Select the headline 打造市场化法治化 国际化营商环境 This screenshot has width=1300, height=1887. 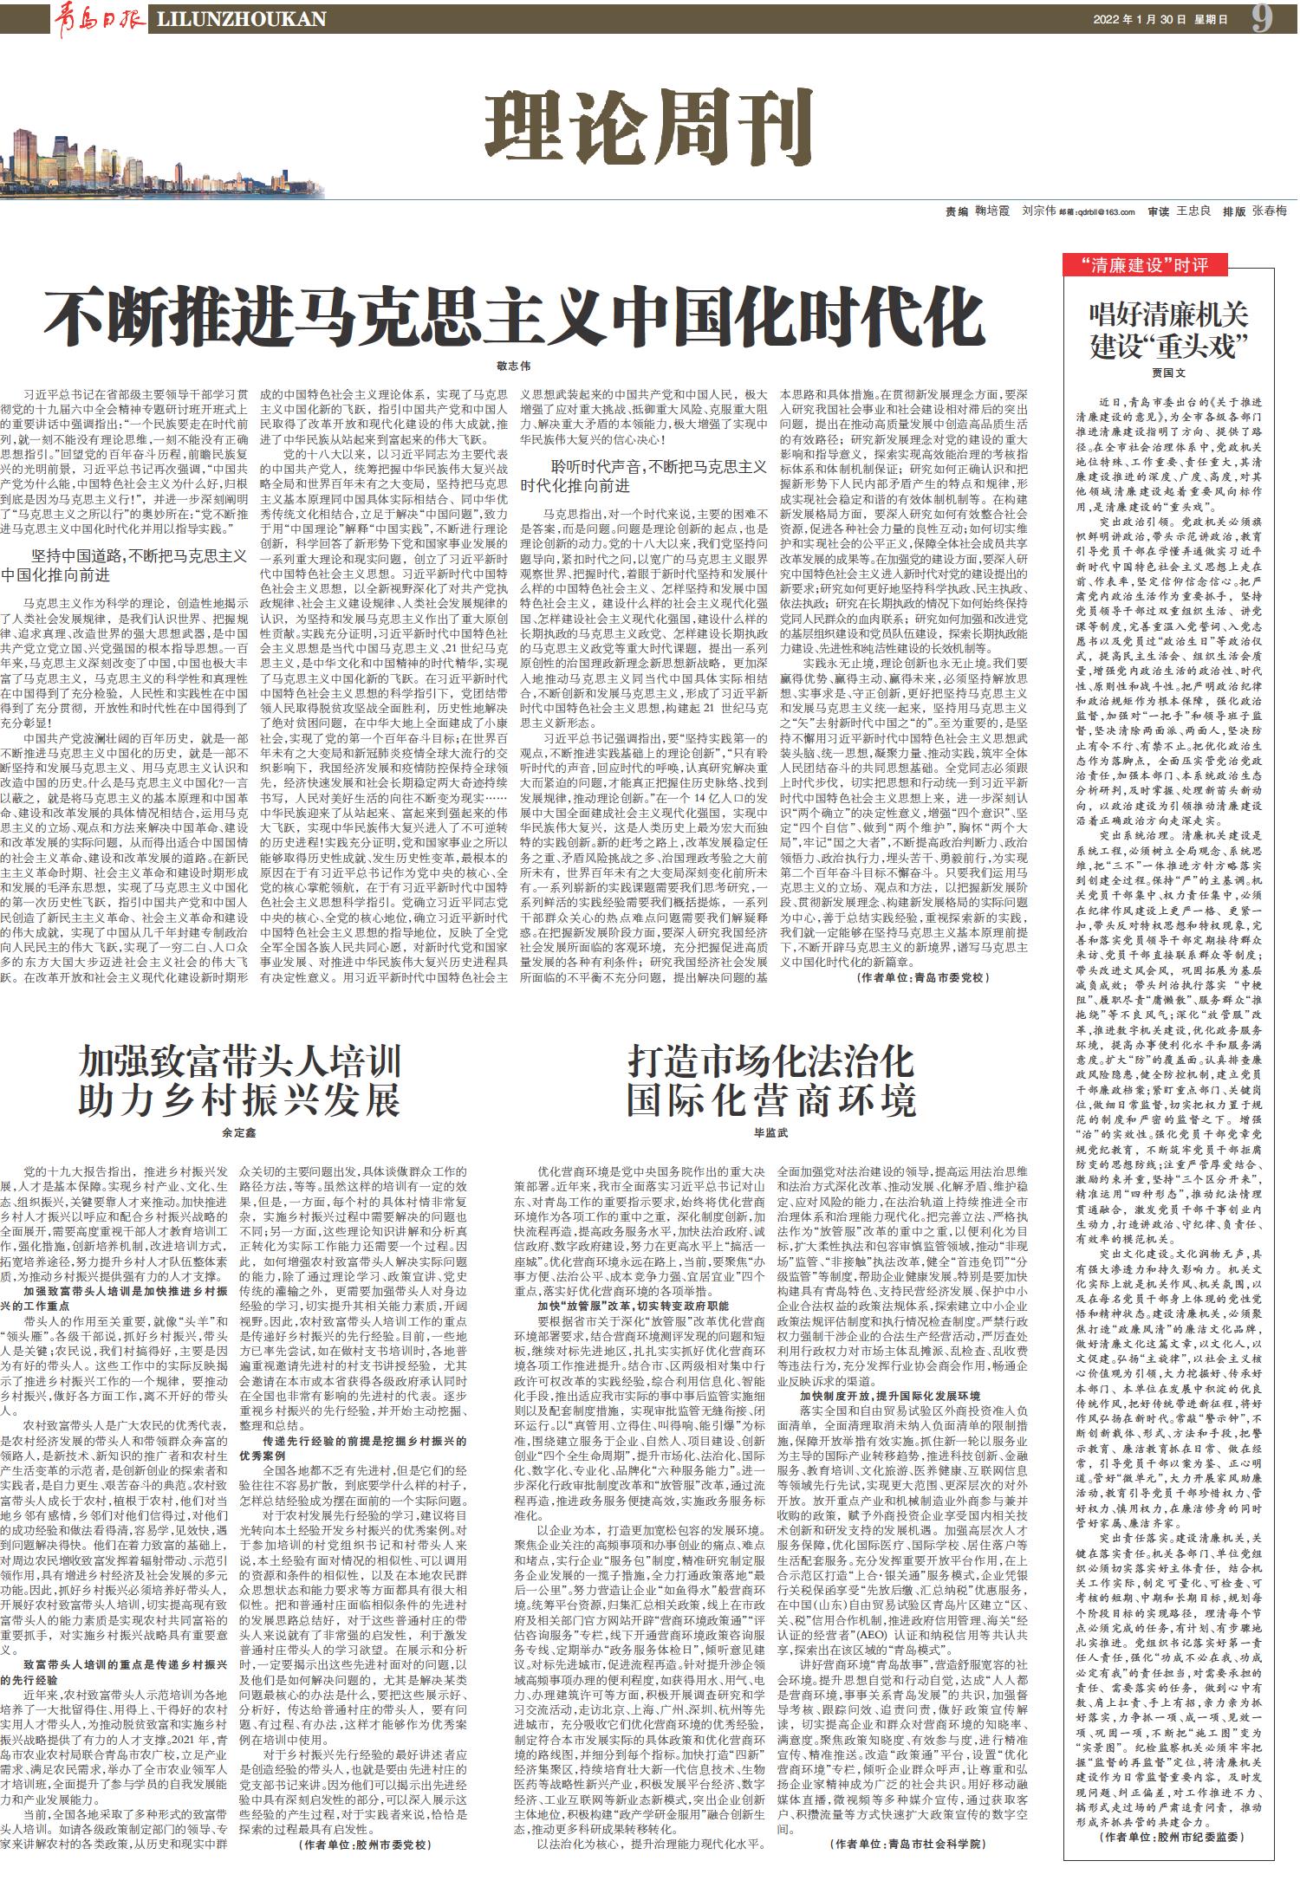coord(770,1080)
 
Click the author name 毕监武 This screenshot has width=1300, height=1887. coord(770,1132)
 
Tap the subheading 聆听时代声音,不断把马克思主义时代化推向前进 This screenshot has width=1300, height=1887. coord(644,476)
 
